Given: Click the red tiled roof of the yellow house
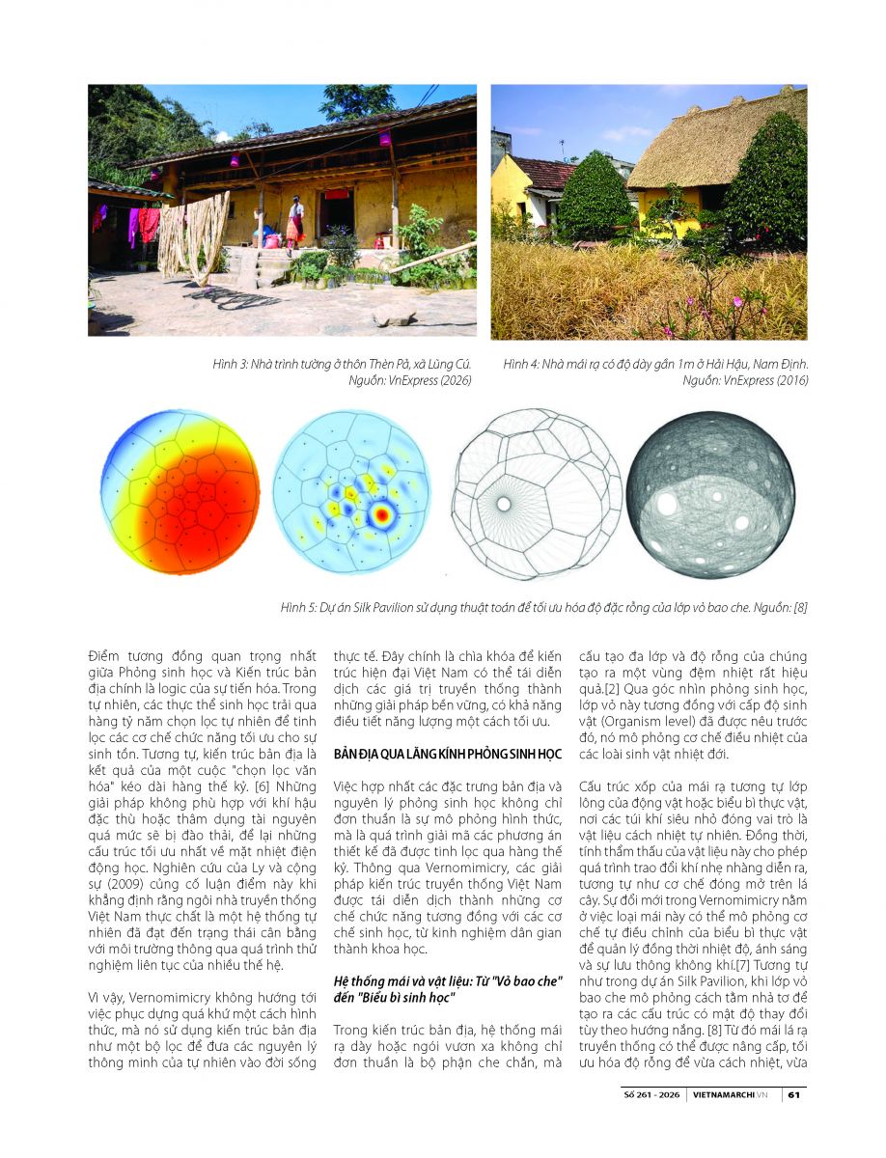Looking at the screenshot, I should [x=546, y=174].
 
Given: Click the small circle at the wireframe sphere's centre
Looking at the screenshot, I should [x=504, y=503].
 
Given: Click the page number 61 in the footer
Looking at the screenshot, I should [x=792, y=1094].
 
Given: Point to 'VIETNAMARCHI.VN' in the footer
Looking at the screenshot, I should [x=734, y=1094].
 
